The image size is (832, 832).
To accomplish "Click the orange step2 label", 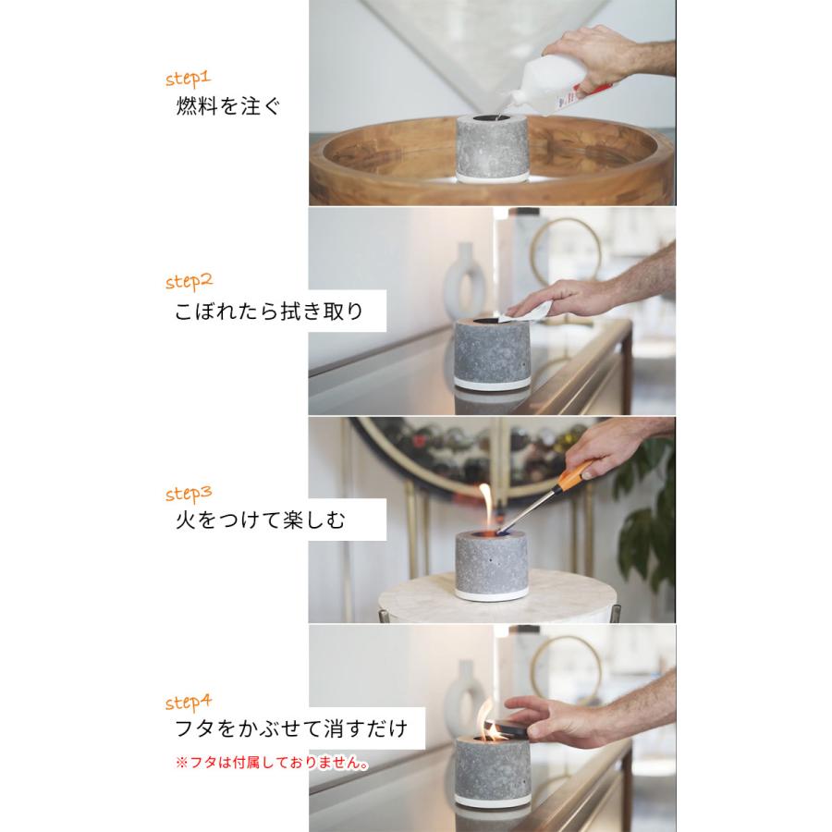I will pos(189,281).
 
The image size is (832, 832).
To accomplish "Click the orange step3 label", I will pos(189,490).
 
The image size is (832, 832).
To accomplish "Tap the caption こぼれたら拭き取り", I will pos(268,312).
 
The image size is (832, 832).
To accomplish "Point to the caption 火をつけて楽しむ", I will pos(260,520).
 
